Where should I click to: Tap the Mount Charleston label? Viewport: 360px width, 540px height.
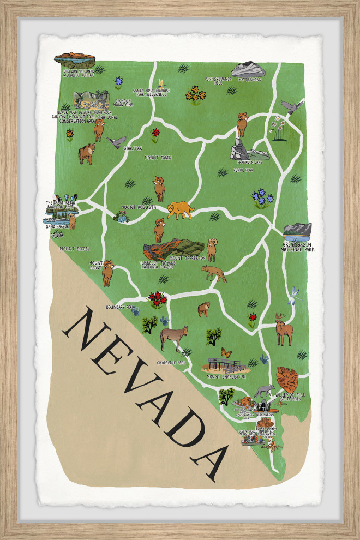coord(226,377)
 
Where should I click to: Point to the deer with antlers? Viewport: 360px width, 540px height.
coord(283,329)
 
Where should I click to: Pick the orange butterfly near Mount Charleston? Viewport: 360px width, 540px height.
coord(226,353)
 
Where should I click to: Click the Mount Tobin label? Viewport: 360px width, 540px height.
coord(158,157)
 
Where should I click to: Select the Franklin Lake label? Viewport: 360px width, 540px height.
coord(250,162)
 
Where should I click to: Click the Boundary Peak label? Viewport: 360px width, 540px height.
coord(120,307)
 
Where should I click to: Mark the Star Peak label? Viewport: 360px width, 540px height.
coord(133,148)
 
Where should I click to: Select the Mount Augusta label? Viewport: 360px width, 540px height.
coord(138,207)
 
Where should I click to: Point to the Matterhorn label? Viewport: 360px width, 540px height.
coord(249,80)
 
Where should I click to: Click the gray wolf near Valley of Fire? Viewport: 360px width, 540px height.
coord(264,391)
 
